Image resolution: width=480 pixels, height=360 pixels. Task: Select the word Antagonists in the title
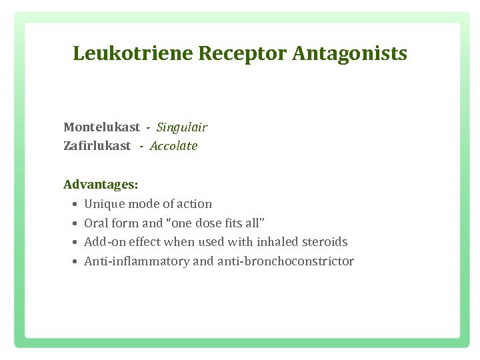pos(349,53)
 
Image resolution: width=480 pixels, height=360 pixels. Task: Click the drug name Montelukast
pos(101,127)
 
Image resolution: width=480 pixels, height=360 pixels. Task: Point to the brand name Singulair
pos(182,127)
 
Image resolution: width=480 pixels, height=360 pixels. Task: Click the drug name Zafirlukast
pos(97,146)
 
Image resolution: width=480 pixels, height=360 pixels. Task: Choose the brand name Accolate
pos(173,146)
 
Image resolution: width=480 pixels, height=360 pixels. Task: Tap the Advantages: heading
pos(101,183)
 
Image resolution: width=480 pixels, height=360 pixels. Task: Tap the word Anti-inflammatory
pos(137,261)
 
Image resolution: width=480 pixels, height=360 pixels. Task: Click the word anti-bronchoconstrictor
pos(285,261)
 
